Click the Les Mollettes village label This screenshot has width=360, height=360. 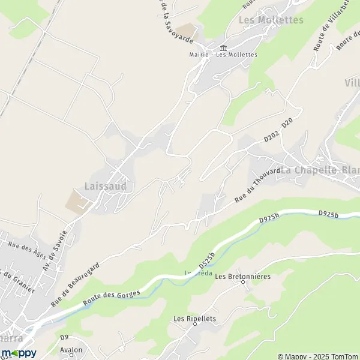pos(271,20)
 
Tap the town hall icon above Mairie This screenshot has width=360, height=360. pos(223,47)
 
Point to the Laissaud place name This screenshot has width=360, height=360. pos(106,187)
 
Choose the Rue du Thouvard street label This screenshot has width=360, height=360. pos(258,185)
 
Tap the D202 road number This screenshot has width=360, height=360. pos(272,137)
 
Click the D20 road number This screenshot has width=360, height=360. pos(287,122)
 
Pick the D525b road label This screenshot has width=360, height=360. pos(206,259)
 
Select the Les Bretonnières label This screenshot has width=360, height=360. pos(243,277)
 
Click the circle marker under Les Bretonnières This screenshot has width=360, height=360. pos(243,283)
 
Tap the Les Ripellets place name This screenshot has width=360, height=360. pos(194,319)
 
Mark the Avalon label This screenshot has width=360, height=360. pos(71,349)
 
